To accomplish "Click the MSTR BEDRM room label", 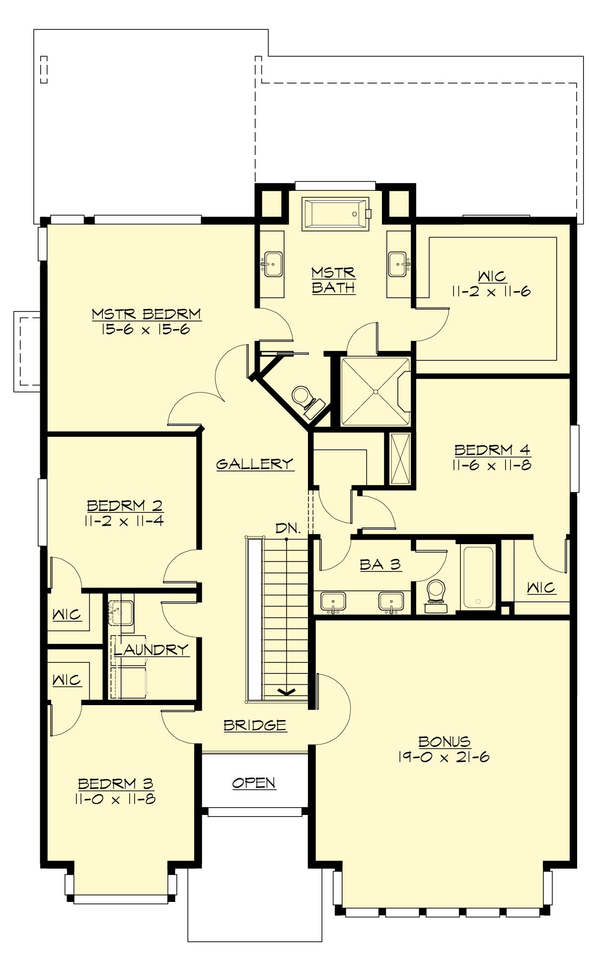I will tap(146, 314).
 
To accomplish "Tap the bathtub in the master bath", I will tap(336, 214).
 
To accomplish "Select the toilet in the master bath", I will tap(302, 398).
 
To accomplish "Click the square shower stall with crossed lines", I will tap(375, 392).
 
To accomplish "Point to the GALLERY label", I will tap(255, 464).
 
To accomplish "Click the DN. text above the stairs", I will tap(288, 528).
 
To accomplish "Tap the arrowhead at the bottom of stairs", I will tap(286, 691).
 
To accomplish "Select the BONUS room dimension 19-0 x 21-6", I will tap(444, 757).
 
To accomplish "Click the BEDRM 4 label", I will tap(492, 450).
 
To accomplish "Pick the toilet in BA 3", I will tap(437, 594).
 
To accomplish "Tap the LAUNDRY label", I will tap(151, 649).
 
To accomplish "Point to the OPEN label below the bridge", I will tap(254, 783).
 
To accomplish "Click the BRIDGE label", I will tap(255, 725).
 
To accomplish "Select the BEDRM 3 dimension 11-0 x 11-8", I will tap(115, 799).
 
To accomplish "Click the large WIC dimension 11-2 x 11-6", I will tap(491, 292).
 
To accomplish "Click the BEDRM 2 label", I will tap(125, 505).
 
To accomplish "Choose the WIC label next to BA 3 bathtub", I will tap(541, 588).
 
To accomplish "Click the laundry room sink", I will tap(121, 612).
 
